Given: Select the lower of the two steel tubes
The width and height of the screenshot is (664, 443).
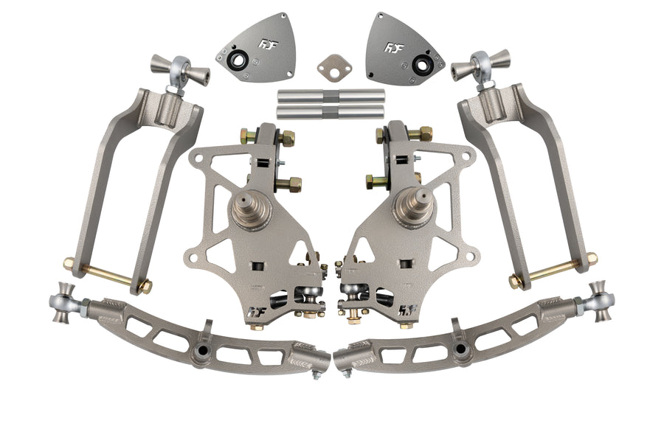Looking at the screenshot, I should pyautogui.click(x=331, y=113).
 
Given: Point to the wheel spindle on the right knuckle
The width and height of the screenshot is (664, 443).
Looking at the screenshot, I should pyautogui.click(x=418, y=206).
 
